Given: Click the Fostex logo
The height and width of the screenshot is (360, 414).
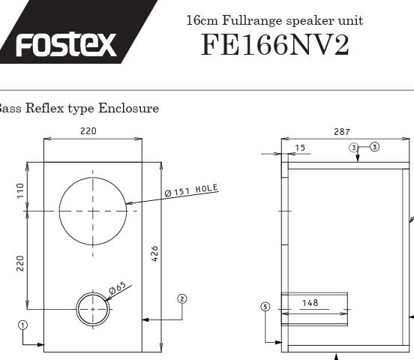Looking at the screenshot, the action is pyautogui.click(x=66, y=44).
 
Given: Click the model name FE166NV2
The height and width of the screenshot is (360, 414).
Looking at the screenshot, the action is pyautogui.click(x=274, y=45).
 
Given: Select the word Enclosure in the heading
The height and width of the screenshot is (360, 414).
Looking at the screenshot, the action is pyautogui.click(x=128, y=108).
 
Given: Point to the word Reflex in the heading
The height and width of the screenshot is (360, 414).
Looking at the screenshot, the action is pyautogui.click(x=44, y=108).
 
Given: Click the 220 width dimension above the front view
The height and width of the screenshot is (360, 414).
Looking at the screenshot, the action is pyautogui.click(x=88, y=131).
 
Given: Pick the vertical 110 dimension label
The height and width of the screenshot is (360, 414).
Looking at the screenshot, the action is pyautogui.click(x=20, y=190).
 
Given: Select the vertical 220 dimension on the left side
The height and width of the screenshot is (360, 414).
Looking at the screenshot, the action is pyautogui.click(x=20, y=263).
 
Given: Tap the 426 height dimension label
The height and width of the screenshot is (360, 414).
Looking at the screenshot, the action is pyautogui.click(x=155, y=253).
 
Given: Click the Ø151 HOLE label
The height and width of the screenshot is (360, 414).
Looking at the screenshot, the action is pyautogui.click(x=191, y=190).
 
